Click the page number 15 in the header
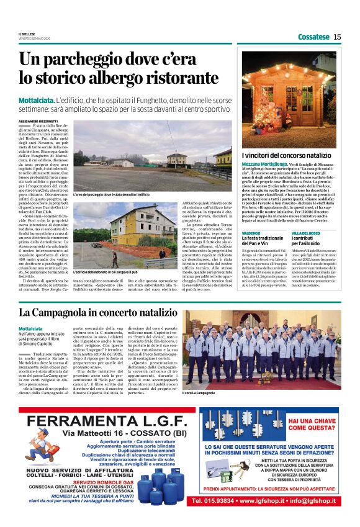tap(337, 37)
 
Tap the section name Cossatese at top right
tap(313, 37)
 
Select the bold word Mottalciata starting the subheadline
tap(35, 100)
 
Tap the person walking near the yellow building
tap(160, 253)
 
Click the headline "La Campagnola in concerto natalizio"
tap(97, 312)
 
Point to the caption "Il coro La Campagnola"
tap(199, 392)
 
